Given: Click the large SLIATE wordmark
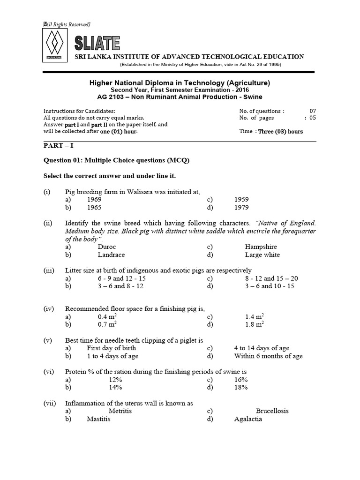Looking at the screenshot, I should point(97,44).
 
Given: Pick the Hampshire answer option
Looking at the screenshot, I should point(261,247).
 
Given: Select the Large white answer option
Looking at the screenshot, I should point(262,255).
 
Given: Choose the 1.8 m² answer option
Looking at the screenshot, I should point(255,324).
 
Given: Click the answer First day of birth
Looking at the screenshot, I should point(112,348).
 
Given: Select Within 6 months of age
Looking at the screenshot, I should point(268,356).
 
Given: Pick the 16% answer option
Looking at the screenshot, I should point(241,379).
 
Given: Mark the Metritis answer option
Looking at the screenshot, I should point(120,411).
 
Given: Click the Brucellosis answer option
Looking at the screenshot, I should point(272,411).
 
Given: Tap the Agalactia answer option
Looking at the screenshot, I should point(248,419).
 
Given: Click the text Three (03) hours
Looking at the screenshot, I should point(281,132).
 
